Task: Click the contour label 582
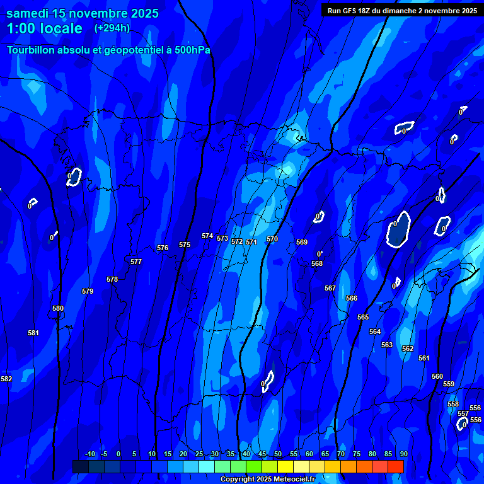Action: tap(6, 379)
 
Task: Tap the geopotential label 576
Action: tap(163, 248)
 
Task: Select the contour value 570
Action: tap(272, 239)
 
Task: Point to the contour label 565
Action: tap(363, 317)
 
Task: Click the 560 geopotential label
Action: tap(437, 376)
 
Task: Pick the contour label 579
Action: tap(88, 291)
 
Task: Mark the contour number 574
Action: tap(207, 236)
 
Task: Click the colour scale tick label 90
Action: tap(403, 454)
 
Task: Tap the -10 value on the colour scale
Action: tap(89, 454)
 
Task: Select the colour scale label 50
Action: tap(278, 454)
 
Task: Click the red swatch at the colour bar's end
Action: tap(395, 466)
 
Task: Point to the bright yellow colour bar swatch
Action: tap(285, 466)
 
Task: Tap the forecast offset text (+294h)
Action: tap(112, 28)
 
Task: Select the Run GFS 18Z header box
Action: tap(402, 10)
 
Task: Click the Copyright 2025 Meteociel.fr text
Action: tap(267, 479)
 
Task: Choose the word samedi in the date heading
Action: tap(29, 13)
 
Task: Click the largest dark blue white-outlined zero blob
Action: tap(398, 229)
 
